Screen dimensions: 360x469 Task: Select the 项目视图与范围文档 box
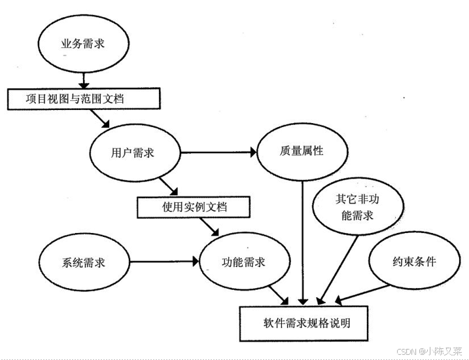[x=84, y=99]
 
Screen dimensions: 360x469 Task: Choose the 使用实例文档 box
[x=194, y=207]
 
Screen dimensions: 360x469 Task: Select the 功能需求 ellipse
[x=243, y=262]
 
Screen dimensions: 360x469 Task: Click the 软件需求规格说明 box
[x=307, y=323]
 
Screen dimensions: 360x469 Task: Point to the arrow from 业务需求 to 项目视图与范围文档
[x=83, y=79]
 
